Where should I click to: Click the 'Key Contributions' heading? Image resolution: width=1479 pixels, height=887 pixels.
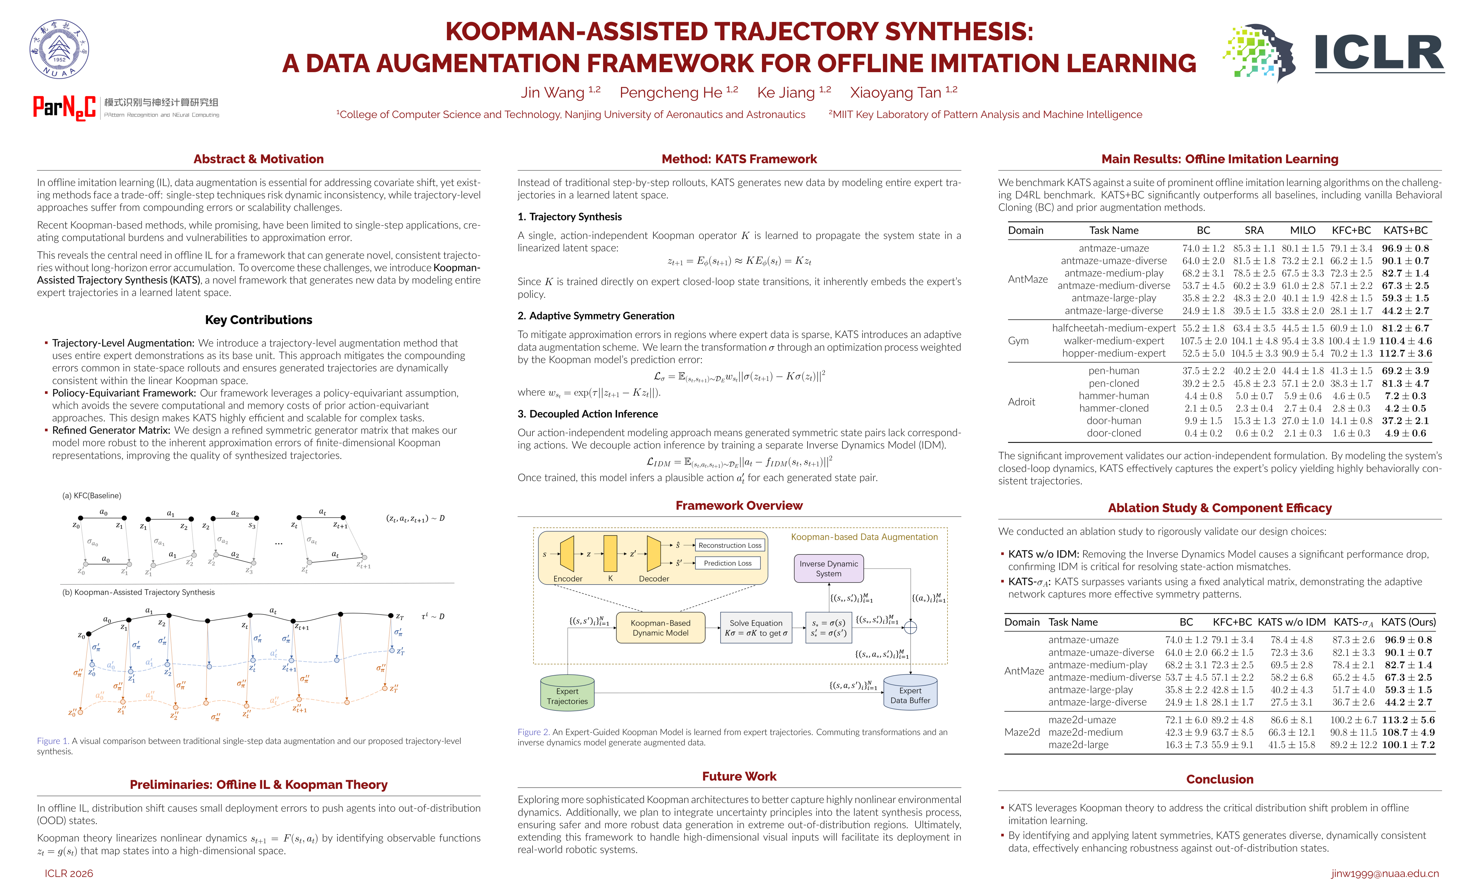pyautogui.click(x=258, y=320)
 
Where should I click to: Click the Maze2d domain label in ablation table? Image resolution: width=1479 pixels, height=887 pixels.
pyautogui.click(x=1022, y=732)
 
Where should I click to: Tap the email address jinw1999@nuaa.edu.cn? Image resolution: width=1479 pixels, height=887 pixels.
pyautogui.click(x=1384, y=873)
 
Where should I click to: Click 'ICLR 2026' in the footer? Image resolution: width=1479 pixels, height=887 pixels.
pyautogui.click(x=69, y=873)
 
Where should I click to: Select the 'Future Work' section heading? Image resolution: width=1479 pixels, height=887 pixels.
pyautogui.click(x=739, y=776)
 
